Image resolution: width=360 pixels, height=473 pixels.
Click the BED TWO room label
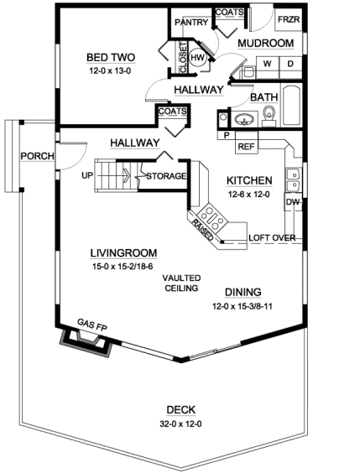(x=111, y=57)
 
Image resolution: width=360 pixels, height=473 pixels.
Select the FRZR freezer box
(x=288, y=19)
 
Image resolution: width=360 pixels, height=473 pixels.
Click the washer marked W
(x=268, y=63)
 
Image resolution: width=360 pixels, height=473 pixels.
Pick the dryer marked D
(x=290, y=63)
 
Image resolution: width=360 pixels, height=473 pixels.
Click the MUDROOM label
(x=265, y=42)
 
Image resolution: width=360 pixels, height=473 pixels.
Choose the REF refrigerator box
(x=246, y=147)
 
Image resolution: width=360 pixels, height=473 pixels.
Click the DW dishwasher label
(x=292, y=202)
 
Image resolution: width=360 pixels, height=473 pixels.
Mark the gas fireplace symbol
(x=84, y=340)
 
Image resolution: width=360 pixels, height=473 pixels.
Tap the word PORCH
(x=38, y=156)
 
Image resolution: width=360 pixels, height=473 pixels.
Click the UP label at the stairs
(x=87, y=175)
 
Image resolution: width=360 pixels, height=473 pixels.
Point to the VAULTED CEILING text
(x=180, y=283)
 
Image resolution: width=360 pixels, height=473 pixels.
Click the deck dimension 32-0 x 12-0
(x=180, y=424)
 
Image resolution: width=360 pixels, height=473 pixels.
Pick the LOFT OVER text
(x=272, y=237)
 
